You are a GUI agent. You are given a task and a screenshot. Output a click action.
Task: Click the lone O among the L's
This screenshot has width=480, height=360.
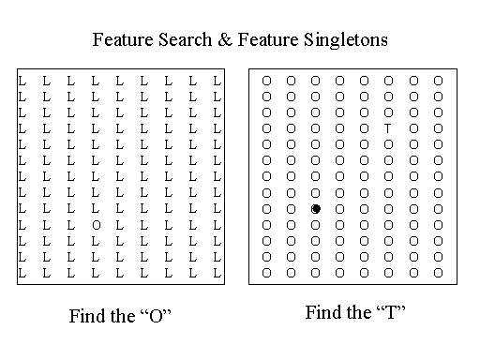coord(97,225)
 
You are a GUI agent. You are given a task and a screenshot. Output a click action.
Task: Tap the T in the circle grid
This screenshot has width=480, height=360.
coord(388,128)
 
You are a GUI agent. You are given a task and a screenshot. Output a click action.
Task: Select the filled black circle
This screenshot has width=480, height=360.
coord(316,209)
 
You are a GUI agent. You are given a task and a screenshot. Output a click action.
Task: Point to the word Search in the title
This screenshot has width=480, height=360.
coord(185,39)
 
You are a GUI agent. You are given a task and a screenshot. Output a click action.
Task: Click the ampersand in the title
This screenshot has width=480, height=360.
coord(225,39)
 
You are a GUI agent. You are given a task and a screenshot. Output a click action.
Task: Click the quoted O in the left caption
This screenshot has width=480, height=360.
coord(156,316)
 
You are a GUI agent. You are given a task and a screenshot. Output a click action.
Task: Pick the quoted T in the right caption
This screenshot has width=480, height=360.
coord(391,312)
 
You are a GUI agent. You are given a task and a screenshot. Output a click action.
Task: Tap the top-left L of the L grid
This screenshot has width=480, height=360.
coord(22,81)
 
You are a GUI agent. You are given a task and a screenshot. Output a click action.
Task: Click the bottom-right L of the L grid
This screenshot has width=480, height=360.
coord(217,273)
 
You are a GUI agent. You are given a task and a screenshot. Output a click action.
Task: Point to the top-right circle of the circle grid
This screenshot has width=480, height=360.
coord(439,81)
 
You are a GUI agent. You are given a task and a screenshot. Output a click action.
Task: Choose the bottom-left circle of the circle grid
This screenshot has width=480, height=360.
coord(266,273)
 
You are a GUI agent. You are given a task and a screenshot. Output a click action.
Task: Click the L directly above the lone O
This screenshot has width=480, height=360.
coord(96,209)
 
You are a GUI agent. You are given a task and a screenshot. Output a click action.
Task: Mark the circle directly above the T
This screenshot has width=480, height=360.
coord(388,112)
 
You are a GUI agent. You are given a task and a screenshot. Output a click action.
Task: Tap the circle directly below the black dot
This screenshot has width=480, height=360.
coord(315,225)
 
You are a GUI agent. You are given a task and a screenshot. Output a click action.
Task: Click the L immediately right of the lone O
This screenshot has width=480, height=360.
coord(120,225)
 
